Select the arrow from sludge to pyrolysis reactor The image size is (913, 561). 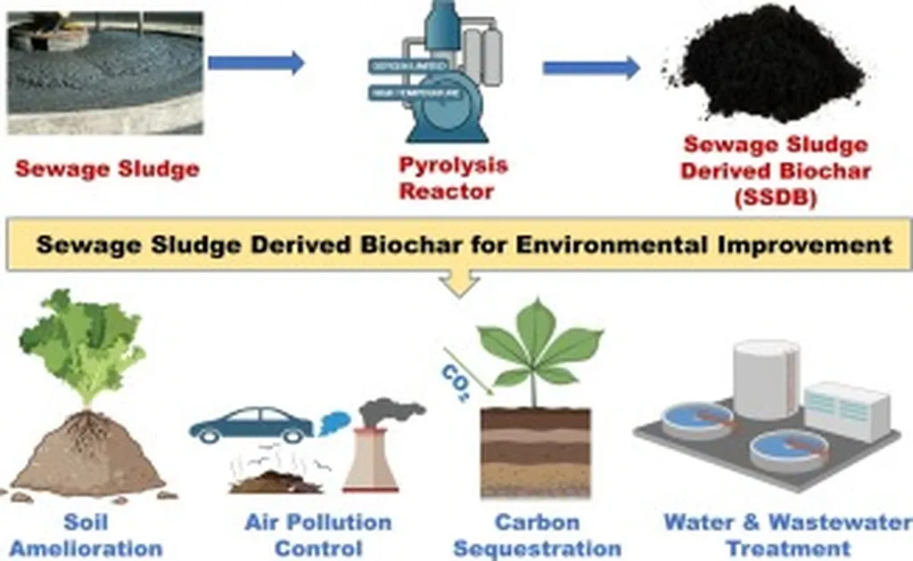256,62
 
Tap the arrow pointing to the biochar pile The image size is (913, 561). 591,68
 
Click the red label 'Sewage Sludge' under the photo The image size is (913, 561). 107,168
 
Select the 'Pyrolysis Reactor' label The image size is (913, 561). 453,178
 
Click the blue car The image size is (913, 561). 251,425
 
